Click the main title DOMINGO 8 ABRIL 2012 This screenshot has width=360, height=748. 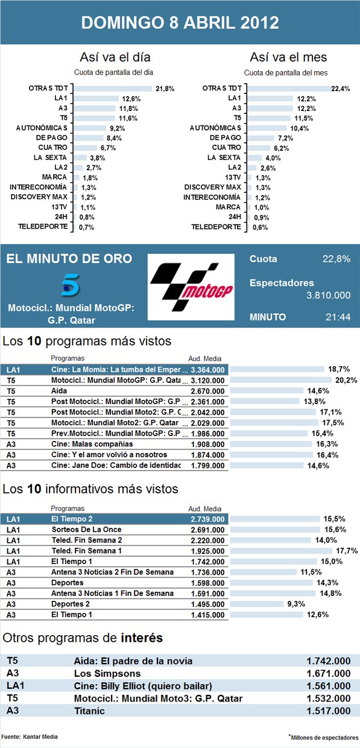click(x=180, y=22)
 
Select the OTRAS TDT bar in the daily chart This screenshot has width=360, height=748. click(x=113, y=89)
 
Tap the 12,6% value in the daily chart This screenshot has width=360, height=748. click(x=131, y=99)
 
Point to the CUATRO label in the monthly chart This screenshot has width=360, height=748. click(x=226, y=147)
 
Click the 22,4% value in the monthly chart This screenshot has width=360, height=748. click(x=341, y=89)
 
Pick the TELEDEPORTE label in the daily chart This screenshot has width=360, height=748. click(x=43, y=226)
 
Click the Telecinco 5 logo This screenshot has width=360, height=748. click(x=71, y=285)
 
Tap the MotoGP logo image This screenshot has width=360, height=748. click(x=191, y=287)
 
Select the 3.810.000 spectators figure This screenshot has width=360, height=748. click(x=329, y=295)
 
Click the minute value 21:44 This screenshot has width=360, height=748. click(x=338, y=317)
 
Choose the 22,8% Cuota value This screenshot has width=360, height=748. click(x=336, y=259)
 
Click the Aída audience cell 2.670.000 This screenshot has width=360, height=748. click(x=207, y=391)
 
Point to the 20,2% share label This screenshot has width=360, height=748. click(x=346, y=380)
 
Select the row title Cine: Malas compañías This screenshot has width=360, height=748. click(x=92, y=444)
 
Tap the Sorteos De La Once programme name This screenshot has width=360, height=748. click(x=86, y=530)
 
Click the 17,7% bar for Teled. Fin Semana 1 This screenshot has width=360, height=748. click(x=282, y=551)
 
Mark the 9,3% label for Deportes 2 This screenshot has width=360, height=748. click(x=296, y=604)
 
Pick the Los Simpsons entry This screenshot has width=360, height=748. click(x=107, y=674)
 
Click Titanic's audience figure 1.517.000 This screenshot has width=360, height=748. click(x=329, y=711)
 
